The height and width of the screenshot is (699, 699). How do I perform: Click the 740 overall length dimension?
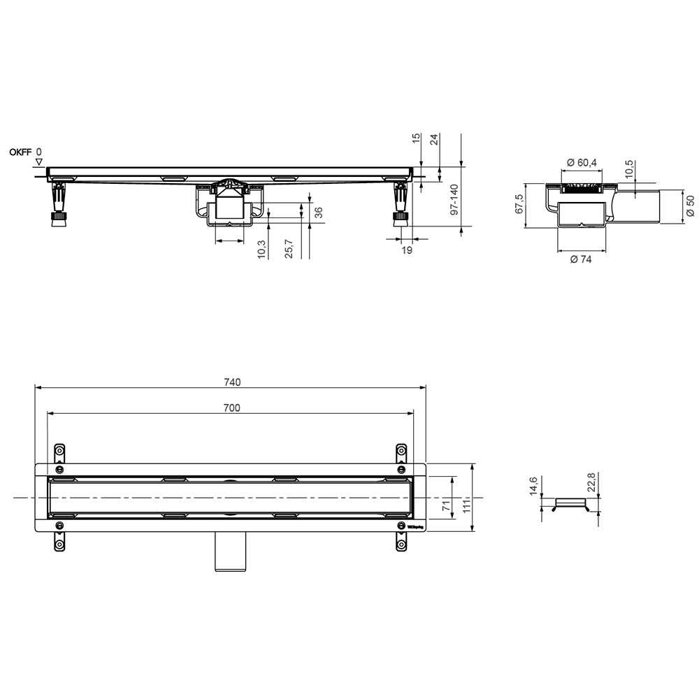232,382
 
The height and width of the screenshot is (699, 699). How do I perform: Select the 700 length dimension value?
232,408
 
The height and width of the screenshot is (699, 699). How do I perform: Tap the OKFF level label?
20,151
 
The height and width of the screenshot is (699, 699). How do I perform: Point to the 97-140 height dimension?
454,199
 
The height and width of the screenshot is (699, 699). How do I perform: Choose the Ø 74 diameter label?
581,259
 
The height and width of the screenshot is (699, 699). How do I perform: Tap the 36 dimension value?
318,212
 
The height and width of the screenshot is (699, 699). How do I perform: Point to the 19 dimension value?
406,249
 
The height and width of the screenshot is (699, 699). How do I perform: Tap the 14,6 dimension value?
534,487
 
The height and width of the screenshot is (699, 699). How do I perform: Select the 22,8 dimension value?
591,483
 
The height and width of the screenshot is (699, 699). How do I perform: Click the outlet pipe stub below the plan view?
229,552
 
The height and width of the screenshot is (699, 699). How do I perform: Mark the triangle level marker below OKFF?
39,162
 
